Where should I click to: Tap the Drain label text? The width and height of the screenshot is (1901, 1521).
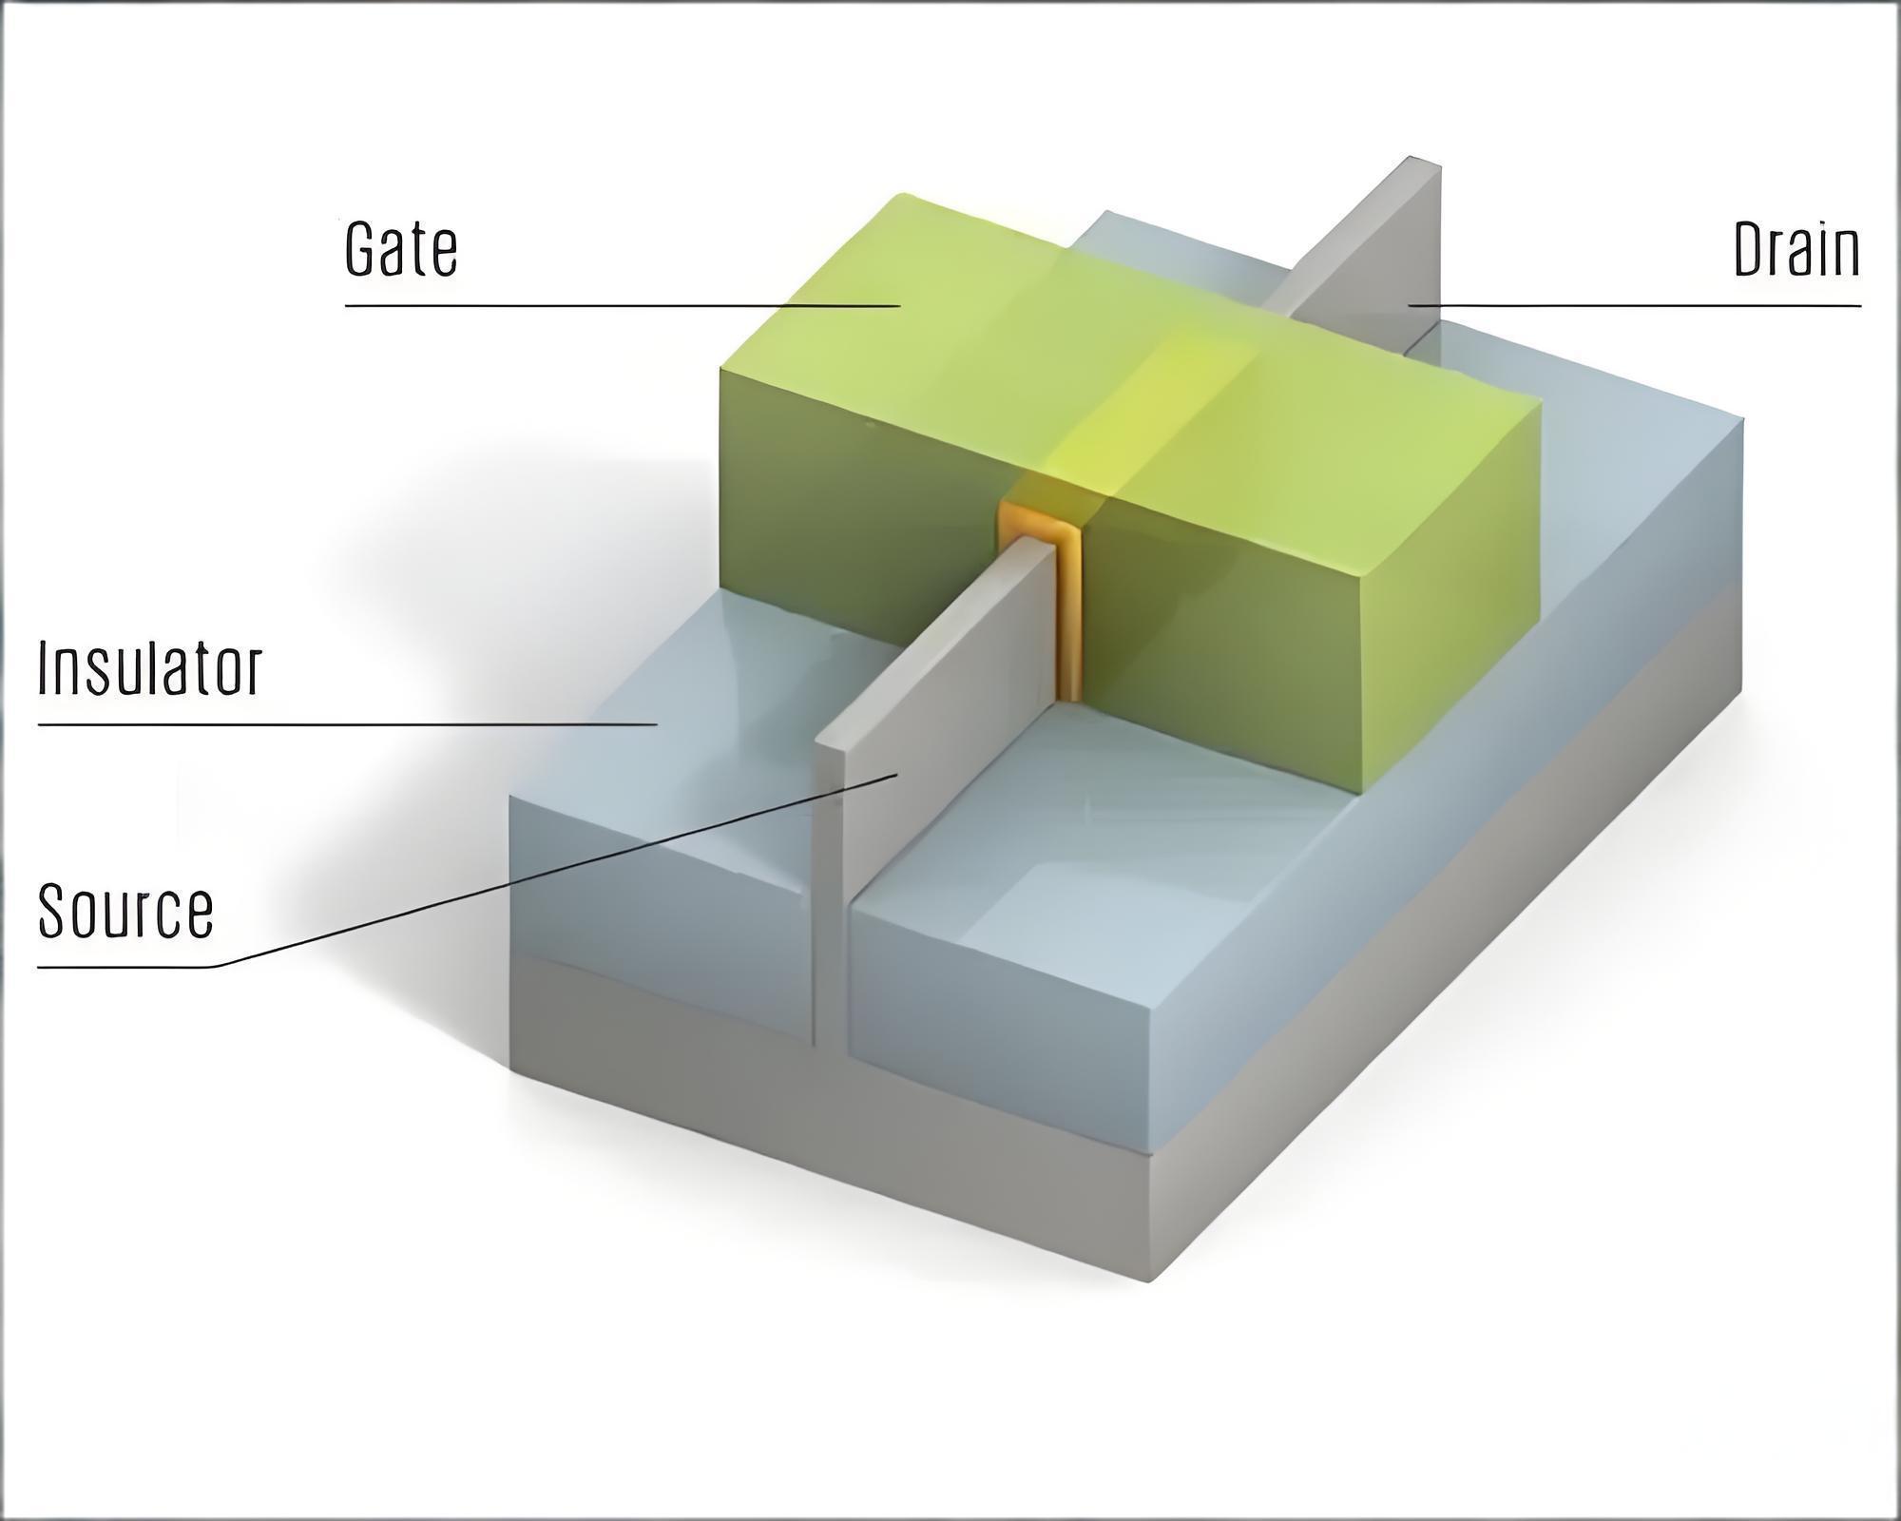pyautogui.click(x=1796, y=249)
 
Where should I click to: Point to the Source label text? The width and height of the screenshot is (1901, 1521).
pyautogui.click(x=125, y=911)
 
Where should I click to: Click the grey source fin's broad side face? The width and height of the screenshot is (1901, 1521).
pyautogui.click(x=941, y=722)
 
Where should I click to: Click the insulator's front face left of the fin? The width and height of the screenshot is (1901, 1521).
pyautogui.click(x=661, y=917)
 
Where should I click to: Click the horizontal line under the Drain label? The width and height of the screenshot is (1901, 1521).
pyautogui.click(x=1634, y=306)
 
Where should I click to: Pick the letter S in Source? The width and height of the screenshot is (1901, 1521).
pyautogui.click(x=53, y=911)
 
